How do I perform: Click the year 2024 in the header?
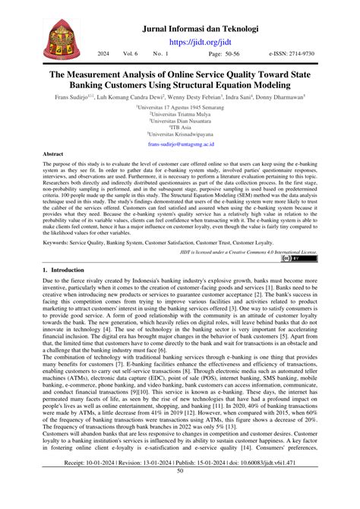[x=103, y=55]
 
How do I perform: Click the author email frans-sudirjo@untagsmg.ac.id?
[x=181, y=144]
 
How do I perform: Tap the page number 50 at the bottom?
[x=180, y=492]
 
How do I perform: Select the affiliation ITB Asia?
[x=181, y=127]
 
